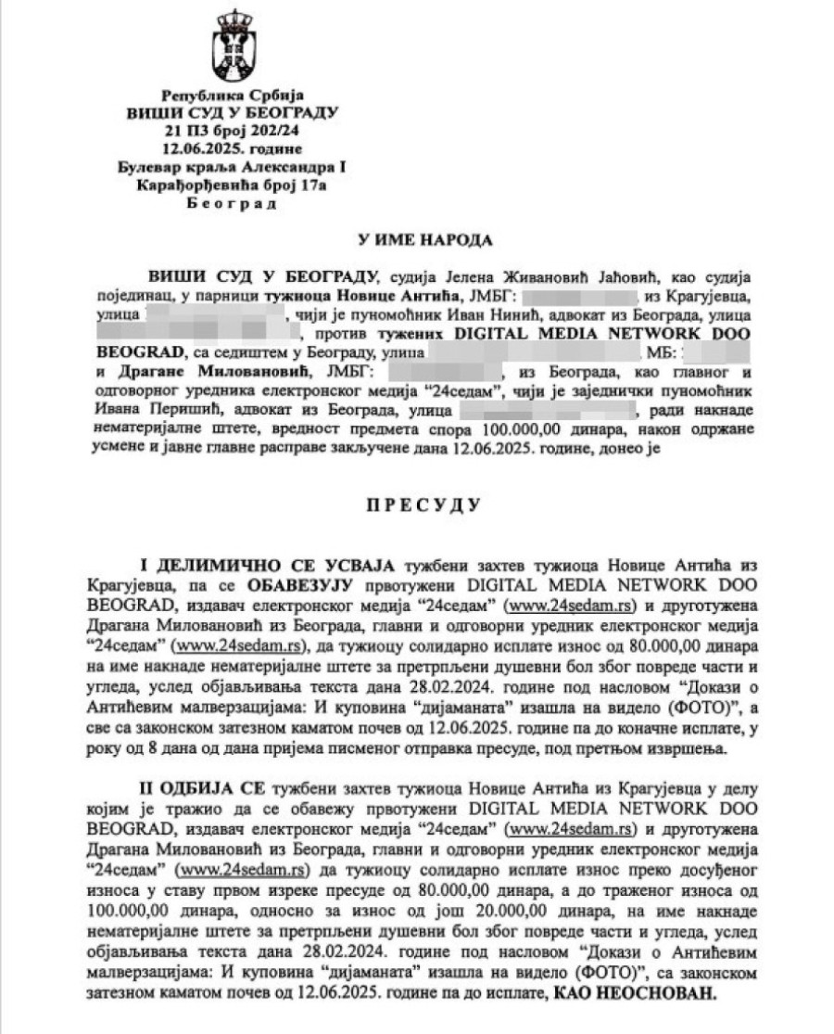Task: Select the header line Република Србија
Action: (x=226, y=96)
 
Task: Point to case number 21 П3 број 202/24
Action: (x=226, y=130)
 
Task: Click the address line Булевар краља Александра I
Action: (x=226, y=166)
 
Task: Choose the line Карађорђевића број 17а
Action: (x=226, y=184)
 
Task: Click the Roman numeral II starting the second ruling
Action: (x=145, y=787)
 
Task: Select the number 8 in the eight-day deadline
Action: (x=151, y=747)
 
